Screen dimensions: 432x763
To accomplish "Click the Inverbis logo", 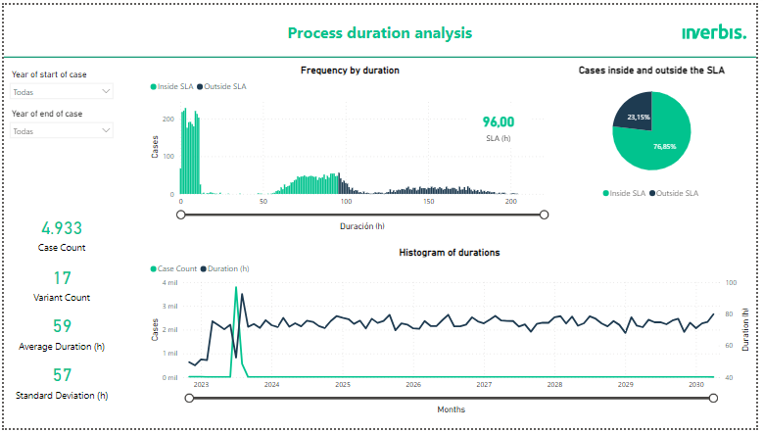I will click(x=713, y=32).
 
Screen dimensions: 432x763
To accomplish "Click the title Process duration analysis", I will click(x=379, y=32).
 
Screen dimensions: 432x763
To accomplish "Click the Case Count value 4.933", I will click(x=62, y=228).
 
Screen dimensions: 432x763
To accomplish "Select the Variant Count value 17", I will click(x=62, y=278).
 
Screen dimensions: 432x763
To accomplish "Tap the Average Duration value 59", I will click(x=62, y=327).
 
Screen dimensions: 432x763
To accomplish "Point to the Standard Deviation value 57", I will click(x=62, y=375).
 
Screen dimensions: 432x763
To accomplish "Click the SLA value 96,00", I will click(x=498, y=122).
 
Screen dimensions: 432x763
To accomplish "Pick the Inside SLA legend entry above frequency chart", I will click(x=172, y=87).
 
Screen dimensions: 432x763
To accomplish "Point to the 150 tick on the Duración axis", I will click(x=429, y=202).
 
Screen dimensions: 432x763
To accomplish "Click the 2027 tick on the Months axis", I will click(x=484, y=385).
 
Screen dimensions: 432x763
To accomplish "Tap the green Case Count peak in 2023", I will click(x=236, y=290).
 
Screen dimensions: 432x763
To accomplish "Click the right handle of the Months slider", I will click(x=713, y=398).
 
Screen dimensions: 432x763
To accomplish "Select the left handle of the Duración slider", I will click(x=180, y=215).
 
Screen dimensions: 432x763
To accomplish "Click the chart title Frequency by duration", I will click(x=350, y=71).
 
